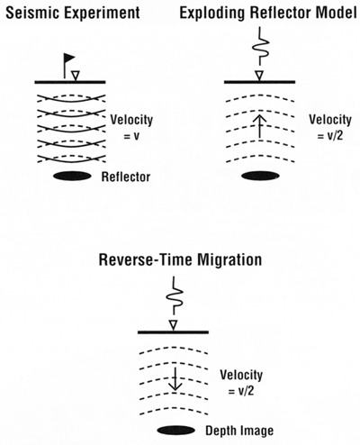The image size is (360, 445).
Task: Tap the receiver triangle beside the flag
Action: [76, 76]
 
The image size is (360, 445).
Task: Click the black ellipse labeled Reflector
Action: [72, 177]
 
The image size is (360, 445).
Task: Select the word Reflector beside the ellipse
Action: [126, 177]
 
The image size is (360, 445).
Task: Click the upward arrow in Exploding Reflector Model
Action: [260, 126]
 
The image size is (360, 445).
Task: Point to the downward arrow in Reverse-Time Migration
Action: [175, 378]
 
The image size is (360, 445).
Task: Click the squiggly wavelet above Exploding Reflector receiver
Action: [260, 47]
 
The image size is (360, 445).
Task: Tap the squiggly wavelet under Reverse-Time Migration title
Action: [175, 296]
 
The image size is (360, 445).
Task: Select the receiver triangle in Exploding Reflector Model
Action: [259, 76]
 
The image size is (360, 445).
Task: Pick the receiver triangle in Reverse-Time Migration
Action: [174, 326]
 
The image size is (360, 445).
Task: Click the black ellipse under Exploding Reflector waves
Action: [260, 176]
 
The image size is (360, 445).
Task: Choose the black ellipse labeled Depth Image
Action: [175, 431]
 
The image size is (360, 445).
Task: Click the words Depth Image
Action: [239, 431]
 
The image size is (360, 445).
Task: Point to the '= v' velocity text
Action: [131, 136]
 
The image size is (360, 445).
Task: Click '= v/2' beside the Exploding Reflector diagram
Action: [330, 136]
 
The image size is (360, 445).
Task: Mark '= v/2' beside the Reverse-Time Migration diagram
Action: [241, 391]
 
